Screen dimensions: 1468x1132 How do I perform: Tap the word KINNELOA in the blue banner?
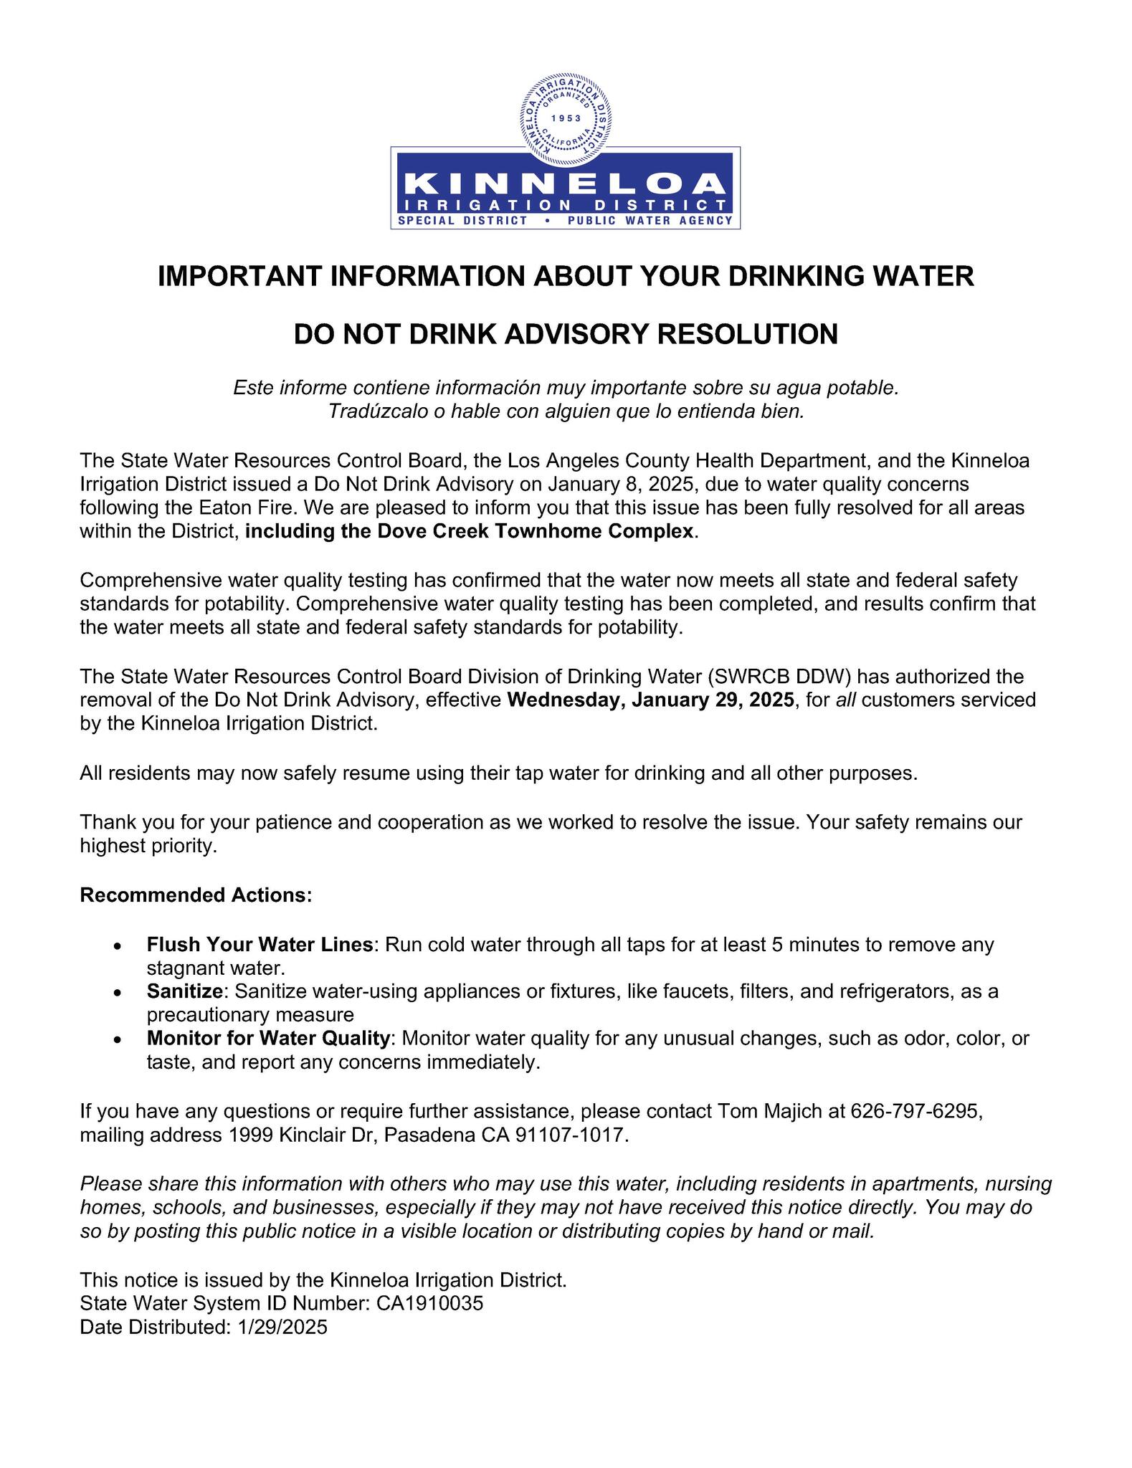(566, 184)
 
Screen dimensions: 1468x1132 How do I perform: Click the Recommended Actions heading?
(196, 895)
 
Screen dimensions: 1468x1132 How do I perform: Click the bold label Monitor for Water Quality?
(270, 1038)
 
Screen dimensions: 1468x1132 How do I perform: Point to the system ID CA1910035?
(429, 1303)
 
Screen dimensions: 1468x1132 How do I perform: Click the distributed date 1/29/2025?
(280, 1327)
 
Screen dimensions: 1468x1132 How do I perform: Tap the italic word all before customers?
(846, 700)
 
